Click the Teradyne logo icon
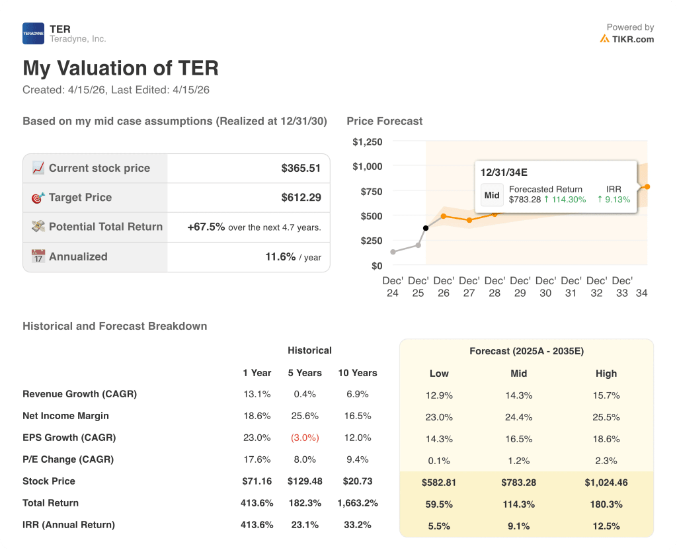(33, 34)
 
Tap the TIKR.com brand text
(633, 39)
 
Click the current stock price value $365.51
(301, 168)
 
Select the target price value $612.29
(301, 198)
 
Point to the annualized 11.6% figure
(280, 256)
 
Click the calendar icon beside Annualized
(38, 256)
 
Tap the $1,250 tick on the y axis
(367, 141)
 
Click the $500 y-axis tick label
(370, 216)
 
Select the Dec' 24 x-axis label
(393, 286)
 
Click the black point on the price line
(425, 228)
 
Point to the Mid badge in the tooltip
(492, 195)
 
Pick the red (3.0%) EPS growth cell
(305, 438)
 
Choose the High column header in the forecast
(606, 373)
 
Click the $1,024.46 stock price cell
(606, 483)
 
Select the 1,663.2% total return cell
(357, 503)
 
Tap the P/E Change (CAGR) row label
(68, 459)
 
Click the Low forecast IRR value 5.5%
(439, 526)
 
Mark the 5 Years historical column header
(305, 373)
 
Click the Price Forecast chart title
(384, 121)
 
